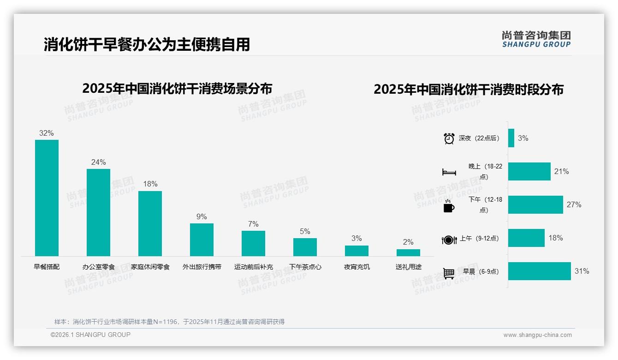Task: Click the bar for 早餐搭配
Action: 47,198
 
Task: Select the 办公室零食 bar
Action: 98,212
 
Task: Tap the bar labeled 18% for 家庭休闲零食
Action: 150,223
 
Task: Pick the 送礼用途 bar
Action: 408,252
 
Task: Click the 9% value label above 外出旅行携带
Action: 202,216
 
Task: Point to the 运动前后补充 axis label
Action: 253,267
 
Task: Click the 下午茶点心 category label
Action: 305,267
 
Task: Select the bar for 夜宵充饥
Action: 357,251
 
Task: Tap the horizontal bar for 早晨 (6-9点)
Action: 539,271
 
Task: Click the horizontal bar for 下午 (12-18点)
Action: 535,204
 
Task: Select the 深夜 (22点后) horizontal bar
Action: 511,138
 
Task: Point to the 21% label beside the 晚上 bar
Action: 561,171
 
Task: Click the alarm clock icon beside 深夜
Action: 449,138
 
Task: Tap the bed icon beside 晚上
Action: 449,172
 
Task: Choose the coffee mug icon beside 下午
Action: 449,206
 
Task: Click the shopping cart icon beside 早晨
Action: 449,273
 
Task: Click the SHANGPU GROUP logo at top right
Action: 536,39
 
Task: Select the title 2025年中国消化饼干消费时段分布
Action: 468,89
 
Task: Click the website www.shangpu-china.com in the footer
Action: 537,335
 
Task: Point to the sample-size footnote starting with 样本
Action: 169,322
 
